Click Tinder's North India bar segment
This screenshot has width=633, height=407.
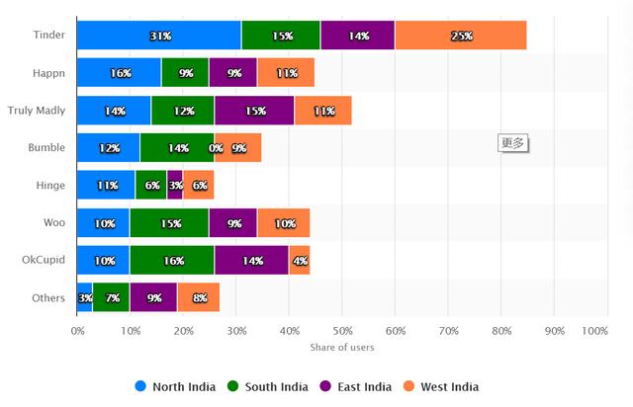158,36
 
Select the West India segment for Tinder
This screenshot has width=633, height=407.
460,36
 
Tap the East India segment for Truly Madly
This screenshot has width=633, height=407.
253,111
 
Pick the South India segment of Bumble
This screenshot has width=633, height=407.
177,148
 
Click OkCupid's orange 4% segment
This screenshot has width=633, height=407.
299,261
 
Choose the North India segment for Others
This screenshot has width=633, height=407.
85,297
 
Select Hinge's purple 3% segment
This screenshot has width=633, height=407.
175,186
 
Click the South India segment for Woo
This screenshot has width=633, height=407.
169,223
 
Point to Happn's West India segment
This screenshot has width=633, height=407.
286,73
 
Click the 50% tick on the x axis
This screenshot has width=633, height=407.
341,330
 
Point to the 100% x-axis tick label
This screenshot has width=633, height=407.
593,330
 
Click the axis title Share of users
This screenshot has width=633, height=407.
341,347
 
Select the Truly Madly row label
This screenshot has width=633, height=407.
37,111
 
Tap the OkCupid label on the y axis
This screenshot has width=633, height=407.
43,261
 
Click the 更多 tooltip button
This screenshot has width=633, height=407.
513,142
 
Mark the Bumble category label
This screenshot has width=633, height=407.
46,148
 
